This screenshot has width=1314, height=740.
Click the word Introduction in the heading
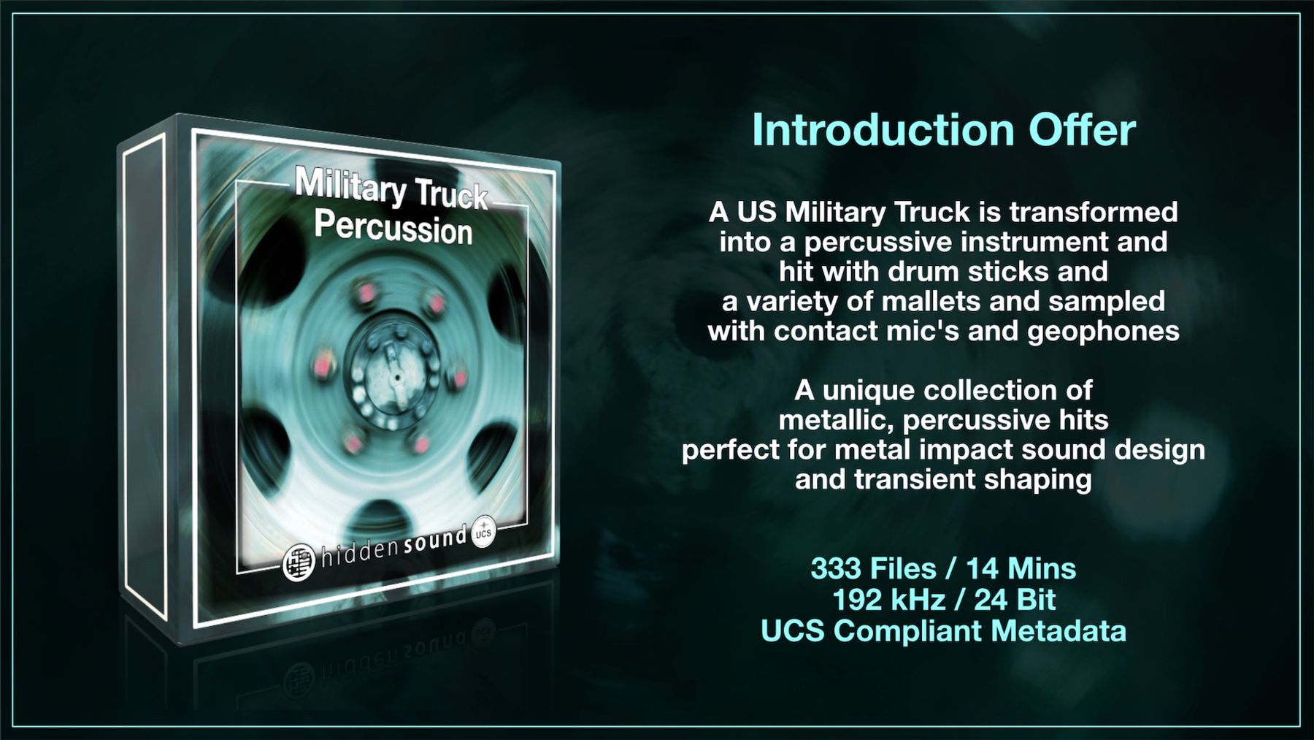883,130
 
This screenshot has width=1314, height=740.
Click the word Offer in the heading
1083,130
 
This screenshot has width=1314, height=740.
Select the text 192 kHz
889,600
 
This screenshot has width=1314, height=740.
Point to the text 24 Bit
1015,600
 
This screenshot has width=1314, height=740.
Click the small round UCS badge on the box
483,532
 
